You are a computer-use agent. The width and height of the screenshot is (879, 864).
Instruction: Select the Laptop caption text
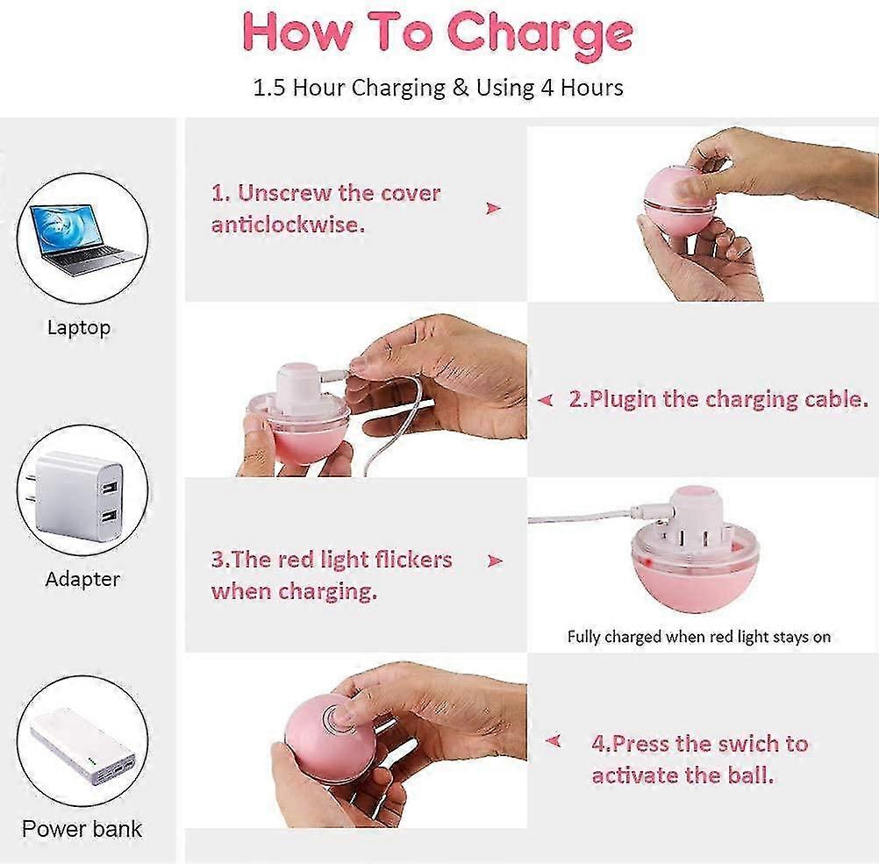point(79,327)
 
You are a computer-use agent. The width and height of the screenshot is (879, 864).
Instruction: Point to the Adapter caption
point(82,579)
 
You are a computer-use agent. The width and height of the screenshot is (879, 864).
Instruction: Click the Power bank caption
point(82,829)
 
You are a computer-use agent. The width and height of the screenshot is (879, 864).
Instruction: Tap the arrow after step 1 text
point(493,209)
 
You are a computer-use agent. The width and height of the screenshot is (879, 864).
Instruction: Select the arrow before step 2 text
point(546,400)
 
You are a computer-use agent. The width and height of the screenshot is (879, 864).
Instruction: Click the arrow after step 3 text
point(495,561)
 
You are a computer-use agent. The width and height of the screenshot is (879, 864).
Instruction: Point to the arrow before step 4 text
point(554,741)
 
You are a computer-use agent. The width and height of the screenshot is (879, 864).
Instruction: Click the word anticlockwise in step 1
point(288,225)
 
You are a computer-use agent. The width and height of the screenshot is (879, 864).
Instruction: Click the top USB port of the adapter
point(109,486)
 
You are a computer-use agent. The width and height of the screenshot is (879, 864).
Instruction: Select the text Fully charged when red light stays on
point(699,637)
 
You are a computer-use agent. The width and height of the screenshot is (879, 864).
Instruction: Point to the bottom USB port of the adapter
point(109,515)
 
